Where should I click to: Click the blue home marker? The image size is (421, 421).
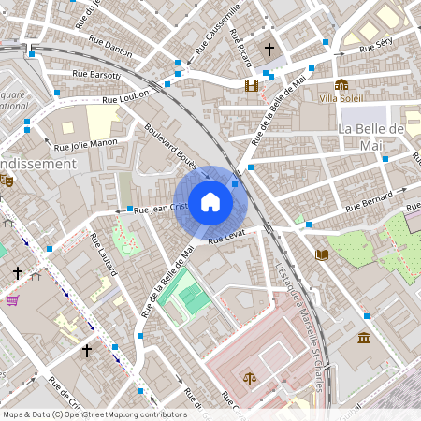pyautogui.click(x=210, y=201)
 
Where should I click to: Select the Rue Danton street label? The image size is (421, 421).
pyautogui.click(x=111, y=44)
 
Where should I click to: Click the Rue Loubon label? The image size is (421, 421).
pyautogui.click(x=125, y=95)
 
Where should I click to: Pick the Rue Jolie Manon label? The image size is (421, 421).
pyautogui.click(x=85, y=144)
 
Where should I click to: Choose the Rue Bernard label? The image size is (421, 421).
pyautogui.click(x=368, y=203)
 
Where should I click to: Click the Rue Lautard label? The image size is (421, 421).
pyautogui.click(x=102, y=254)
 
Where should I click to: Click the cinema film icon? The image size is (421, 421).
pyautogui.click(x=251, y=85)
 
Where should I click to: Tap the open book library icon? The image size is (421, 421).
pyautogui.click(x=323, y=254)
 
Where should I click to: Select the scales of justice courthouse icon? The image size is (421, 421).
pyautogui.click(x=249, y=379)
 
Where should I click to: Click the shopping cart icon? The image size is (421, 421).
pyautogui.click(x=13, y=300)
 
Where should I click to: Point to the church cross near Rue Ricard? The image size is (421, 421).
pyautogui.click(x=269, y=49)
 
